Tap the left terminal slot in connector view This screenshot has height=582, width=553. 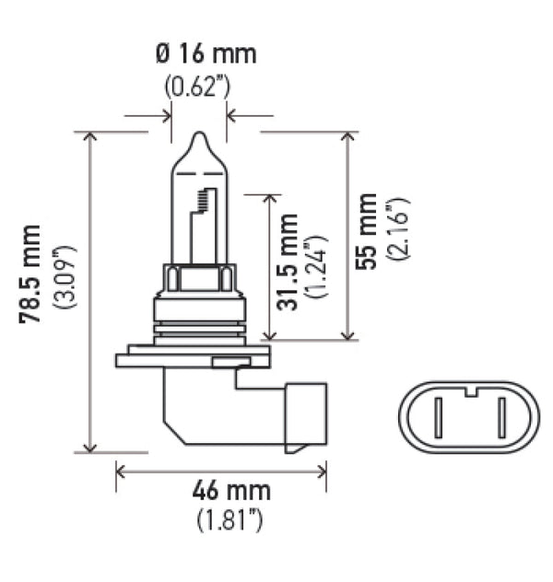(440, 418)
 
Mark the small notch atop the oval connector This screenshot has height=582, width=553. (470, 390)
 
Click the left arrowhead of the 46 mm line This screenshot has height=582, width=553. (121, 471)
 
